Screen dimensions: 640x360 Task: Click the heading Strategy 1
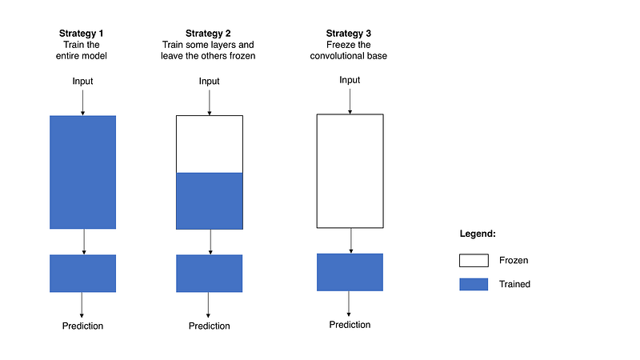click(82, 34)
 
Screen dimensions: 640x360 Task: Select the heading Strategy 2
click(208, 34)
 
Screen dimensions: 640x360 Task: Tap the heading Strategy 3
click(349, 34)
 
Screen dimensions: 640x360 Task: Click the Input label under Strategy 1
click(82, 82)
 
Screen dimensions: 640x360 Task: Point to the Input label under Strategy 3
click(350, 80)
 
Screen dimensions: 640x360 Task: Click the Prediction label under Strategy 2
click(210, 326)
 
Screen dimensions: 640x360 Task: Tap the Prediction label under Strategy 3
click(350, 325)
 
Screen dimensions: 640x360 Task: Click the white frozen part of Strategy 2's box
click(210, 144)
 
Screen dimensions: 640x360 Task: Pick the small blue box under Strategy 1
click(83, 274)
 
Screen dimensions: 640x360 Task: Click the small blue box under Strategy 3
click(350, 272)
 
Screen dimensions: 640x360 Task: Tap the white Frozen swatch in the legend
click(474, 261)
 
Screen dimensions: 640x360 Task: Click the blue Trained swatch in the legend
click(474, 284)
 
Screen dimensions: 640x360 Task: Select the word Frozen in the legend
click(514, 261)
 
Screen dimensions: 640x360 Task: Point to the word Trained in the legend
click(514, 284)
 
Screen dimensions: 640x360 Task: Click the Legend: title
click(478, 234)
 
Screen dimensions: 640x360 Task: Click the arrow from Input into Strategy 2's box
click(210, 102)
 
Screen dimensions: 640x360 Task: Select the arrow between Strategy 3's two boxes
click(351, 241)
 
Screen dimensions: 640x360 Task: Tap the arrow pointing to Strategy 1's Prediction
click(82, 305)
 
